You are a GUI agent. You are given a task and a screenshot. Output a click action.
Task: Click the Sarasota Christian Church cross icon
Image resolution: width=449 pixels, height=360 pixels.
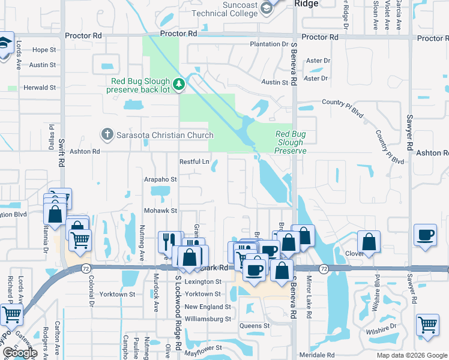click(107, 134)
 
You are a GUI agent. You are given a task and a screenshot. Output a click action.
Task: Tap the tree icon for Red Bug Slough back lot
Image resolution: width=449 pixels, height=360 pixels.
click(179, 85)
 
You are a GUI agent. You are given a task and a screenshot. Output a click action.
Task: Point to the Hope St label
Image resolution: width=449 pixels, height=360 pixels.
click(44, 50)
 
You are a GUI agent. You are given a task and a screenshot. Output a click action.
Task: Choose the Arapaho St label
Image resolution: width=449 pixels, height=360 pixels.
click(160, 179)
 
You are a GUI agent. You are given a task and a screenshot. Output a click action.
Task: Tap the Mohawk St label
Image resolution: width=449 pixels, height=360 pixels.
click(160, 211)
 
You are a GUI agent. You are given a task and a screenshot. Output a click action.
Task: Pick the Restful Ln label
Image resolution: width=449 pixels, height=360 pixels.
click(194, 162)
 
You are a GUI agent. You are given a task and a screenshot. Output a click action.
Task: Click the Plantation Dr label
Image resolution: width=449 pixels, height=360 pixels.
click(269, 44)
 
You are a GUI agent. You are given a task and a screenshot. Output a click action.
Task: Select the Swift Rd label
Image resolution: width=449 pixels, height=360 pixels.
click(61, 152)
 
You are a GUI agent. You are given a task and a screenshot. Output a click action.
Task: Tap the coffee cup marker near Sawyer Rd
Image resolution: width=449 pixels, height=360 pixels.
click(426, 235)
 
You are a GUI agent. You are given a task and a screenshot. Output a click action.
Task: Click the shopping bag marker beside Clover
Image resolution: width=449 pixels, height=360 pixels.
click(369, 242)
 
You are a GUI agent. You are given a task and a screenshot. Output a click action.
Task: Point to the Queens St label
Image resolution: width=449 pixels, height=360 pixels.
click(255, 326)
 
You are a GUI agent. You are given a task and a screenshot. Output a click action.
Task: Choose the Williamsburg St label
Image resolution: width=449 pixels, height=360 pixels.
click(208, 319)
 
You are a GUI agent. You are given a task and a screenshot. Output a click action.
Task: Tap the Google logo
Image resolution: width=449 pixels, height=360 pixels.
click(20, 353)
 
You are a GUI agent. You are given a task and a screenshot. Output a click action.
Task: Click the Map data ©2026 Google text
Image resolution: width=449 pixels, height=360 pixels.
click(411, 355)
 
